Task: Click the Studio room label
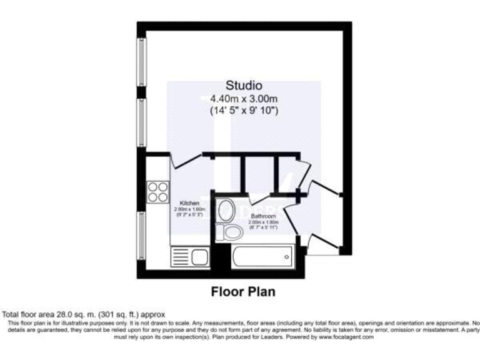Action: click(244, 86)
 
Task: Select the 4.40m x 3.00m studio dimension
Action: click(244, 98)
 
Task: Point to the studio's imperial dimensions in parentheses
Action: click(244, 111)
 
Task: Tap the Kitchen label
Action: click(189, 204)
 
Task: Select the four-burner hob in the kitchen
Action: click(157, 191)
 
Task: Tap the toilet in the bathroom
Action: click(234, 232)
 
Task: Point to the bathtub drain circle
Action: click(286, 257)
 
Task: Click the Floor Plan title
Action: click(243, 291)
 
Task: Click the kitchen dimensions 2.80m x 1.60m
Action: click(189, 211)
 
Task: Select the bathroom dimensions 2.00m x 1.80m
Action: click(263, 222)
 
